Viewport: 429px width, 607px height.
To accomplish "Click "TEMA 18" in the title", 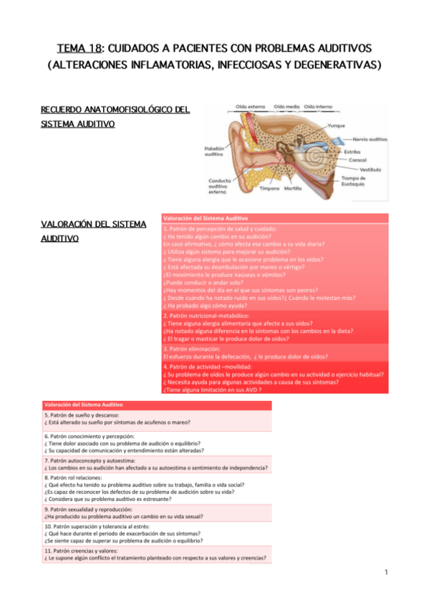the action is click(79, 49).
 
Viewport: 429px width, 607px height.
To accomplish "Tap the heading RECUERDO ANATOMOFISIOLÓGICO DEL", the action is click(115, 110).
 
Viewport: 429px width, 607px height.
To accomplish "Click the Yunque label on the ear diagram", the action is click(356, 125).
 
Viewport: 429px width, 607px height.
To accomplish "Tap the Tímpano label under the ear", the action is click(269, 188).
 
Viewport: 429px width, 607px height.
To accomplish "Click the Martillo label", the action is click(292, 188).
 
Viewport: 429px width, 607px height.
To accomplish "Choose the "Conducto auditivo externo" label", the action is click(220, 186).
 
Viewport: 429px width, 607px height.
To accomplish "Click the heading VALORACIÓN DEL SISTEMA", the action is click(94, 224).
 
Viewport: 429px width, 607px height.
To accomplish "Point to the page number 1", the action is click(385, 572).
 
